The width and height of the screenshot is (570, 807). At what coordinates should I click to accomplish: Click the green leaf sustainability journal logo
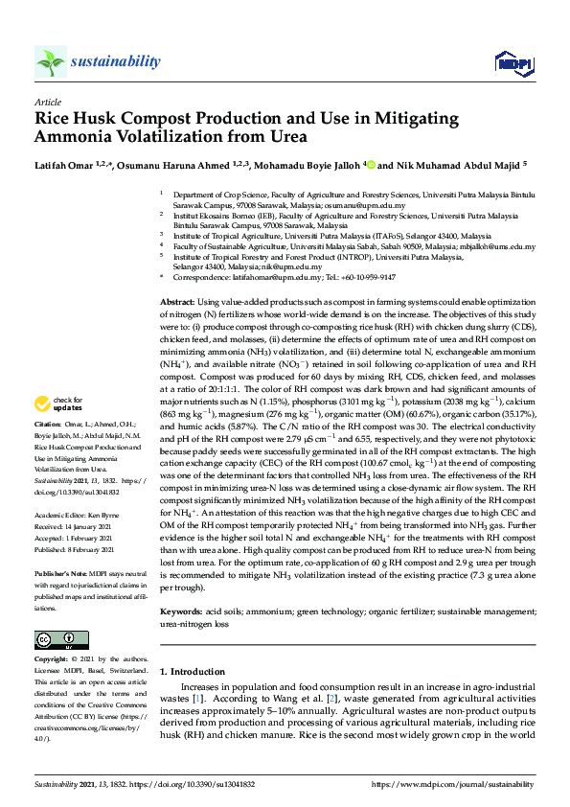[x=50, y=62]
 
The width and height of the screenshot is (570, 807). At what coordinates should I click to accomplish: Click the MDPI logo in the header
[x=508, y=63]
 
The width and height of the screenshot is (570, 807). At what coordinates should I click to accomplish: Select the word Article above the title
[x=47, y=101]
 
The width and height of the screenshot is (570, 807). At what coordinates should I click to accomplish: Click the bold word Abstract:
[x=179, y=302]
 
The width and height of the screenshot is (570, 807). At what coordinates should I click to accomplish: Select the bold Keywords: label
[x=180, y=584]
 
